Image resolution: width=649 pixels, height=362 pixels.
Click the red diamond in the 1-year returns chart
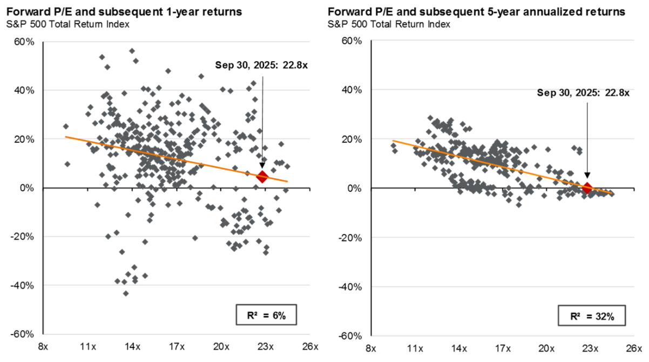click(262, 177)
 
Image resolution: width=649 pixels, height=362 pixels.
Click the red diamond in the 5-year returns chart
click(587, 188)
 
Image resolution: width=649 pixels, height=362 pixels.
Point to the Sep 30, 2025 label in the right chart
click(583, 93)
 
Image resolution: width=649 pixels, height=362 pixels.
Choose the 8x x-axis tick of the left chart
click(44, 346)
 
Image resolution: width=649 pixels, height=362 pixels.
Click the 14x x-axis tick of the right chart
click(459, 346)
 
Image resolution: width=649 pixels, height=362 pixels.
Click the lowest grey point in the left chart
click(126, 293)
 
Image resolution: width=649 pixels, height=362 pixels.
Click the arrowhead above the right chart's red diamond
click(587, 176)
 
